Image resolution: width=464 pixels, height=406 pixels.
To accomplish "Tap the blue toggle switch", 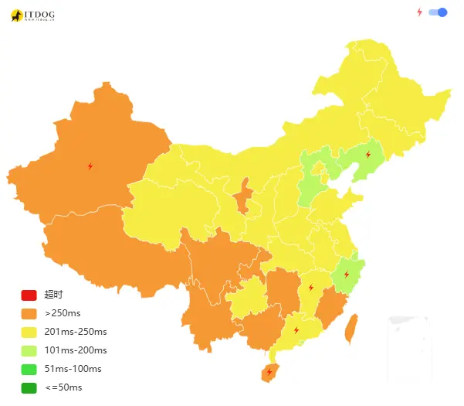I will coord(438,12).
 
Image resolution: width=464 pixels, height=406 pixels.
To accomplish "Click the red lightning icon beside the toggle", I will coord(420,12).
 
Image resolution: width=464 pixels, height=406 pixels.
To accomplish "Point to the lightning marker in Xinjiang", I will coord(90,165).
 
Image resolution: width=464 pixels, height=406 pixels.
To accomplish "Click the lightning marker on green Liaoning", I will coord(367,155).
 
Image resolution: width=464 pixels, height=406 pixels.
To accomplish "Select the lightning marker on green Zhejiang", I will coord(346,274).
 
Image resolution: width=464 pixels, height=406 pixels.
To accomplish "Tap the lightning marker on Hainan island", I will coord(269,372).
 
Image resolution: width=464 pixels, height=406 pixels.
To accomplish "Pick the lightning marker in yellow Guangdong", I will coord(296,330).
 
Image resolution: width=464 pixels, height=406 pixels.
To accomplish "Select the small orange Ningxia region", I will coord(242,197).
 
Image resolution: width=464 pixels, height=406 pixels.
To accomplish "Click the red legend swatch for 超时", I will coord(29,295).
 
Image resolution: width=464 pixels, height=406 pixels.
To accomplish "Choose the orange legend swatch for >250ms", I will coord(29,313).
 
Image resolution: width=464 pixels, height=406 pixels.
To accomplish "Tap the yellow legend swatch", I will coord(29,332).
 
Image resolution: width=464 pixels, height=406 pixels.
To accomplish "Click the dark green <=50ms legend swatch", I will coord(29,387).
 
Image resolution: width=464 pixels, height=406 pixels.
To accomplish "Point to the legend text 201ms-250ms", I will coord(76,332).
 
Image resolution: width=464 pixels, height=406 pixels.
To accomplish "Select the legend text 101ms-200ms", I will coord(76,350).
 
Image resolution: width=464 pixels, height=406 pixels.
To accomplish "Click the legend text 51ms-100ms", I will coord(73,369).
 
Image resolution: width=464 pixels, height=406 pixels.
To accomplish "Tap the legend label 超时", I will coord(53,295).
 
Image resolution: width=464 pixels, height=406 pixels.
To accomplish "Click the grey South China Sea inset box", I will coord(408,340).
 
